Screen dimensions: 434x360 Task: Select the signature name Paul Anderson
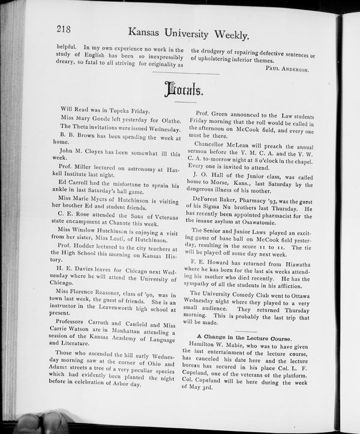pyautogui.click(x=286, y=69)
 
